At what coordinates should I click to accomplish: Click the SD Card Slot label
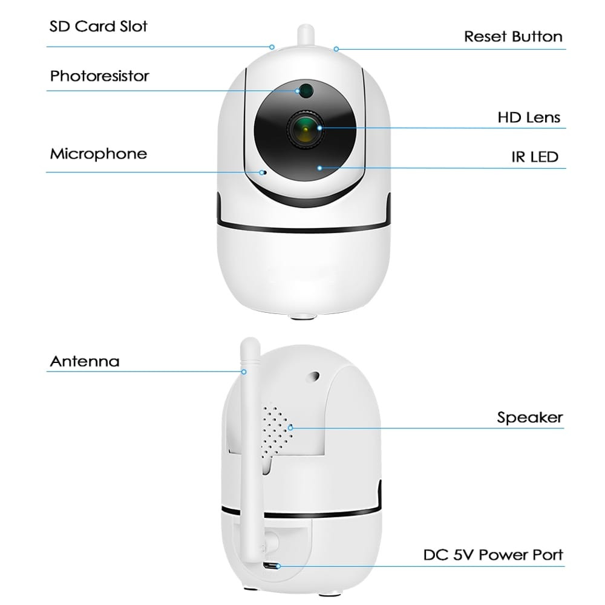[99, 27]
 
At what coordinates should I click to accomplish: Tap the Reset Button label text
[513, 36]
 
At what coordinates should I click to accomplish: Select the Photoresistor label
[99, 76]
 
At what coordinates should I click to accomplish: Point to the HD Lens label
[529, 117]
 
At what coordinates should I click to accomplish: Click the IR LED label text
[534, 158]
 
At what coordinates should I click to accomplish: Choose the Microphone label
[98, 154]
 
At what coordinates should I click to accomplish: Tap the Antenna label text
[85, 362]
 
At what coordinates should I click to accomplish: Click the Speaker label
[530, 417]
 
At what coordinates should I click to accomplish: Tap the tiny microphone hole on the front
[263, 172]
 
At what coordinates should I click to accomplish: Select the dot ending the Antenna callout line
[244, 370]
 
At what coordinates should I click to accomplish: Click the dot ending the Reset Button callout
[336, 49]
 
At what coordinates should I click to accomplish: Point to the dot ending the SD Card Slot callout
[272, 47]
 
